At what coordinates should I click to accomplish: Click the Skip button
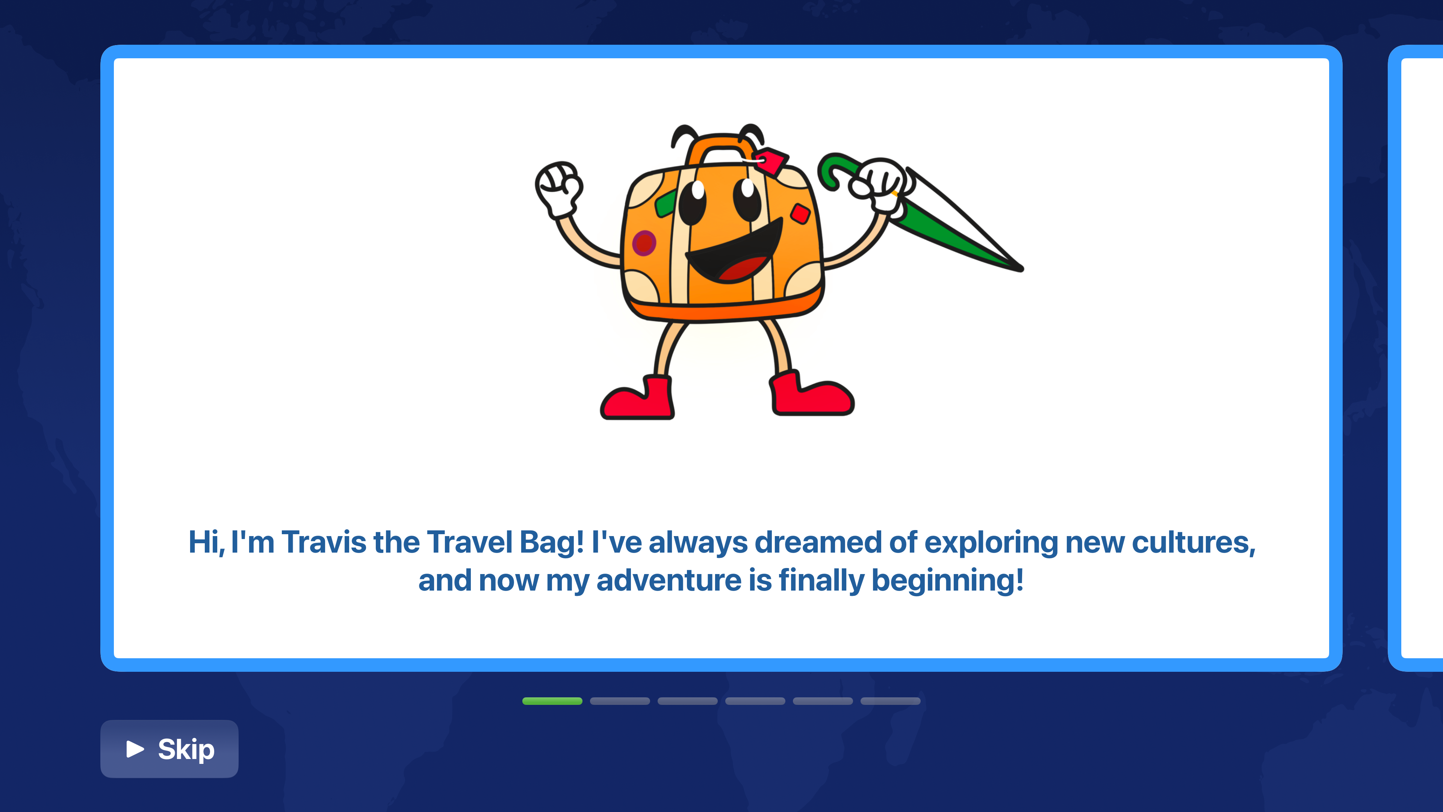pyautogui.click(x=169, y=749)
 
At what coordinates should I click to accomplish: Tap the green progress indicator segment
pyautogui.click(x=552, y=701)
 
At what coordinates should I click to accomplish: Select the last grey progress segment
pyautogui.click(x=890, y=701)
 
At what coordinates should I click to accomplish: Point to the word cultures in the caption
pyautogui.click(x=1193, y=542)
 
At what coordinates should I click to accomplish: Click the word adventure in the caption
pyautogui.click(x=669, y=580)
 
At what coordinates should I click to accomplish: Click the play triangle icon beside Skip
pyautogui.click(x=135, y=749)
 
